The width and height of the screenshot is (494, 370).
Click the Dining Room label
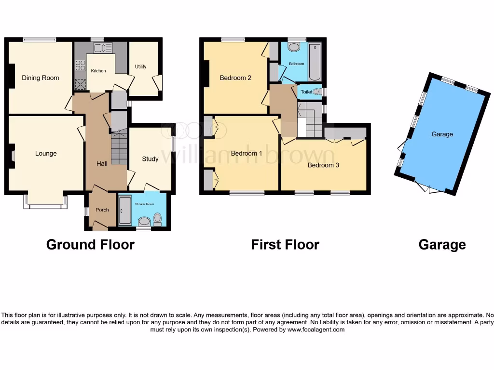pyautogui.click(x=41, y=78)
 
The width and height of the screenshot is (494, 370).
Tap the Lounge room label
pyautogui.click(x=46, y=154)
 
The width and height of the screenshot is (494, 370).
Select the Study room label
pyautogui.click(x=150, y=159)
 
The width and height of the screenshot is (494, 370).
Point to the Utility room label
pyautogui.click(x=140, y=67)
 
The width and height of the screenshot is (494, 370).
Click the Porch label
pyautogui.click(x=102, y=210)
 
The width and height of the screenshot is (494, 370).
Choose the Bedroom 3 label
pyautogui.click(x=323, y=165)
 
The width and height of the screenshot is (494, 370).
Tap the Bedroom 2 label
pyautogui.click(x=235, y=78)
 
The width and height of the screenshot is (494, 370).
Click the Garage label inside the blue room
pyautogui.click(x=442, y=134)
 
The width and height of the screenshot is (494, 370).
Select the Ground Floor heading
pyautogui.click(x=90, y=245)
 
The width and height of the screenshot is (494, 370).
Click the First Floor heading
pyautogui.click(x=285, y=245)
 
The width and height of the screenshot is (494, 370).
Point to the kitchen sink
pyautogui.click(x=103, y=48)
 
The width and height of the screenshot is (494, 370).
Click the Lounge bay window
pyautogui.click(x=45, y=207)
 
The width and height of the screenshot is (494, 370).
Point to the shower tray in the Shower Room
pyautogui.click(x=124, y=212)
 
